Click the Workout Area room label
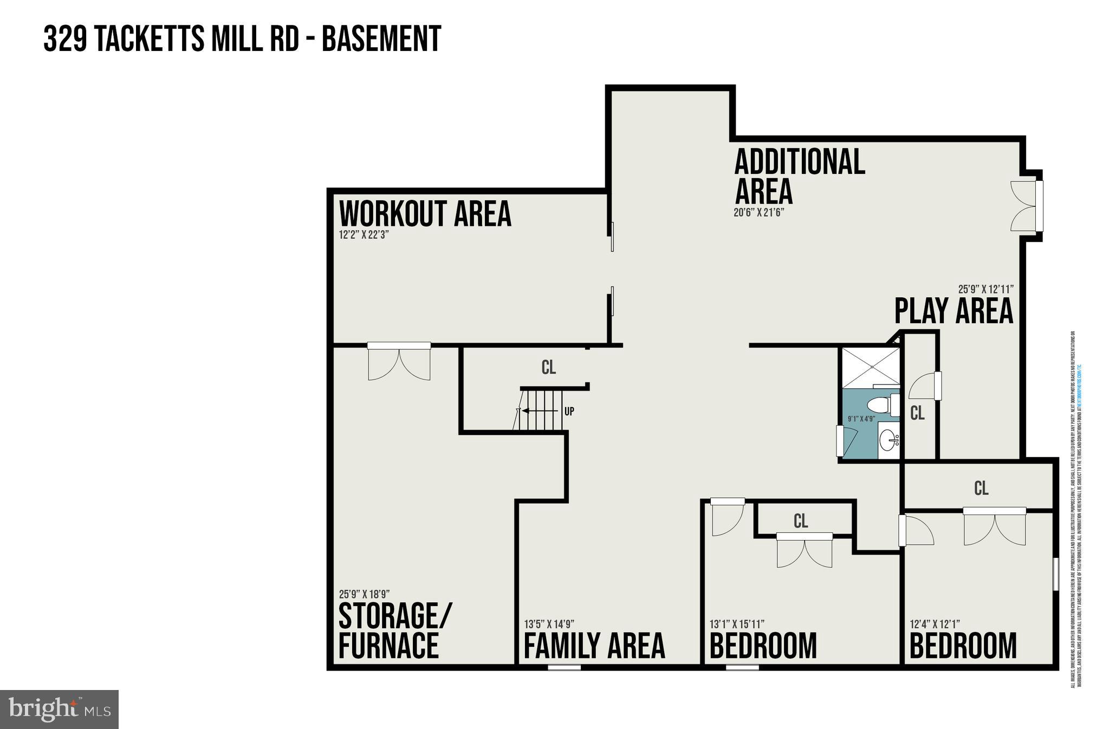tap(425, 214)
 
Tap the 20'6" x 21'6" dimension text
tap(758, 213)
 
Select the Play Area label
tap(953, 311)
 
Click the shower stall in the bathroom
tap(870, 368)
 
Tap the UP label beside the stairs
tap(569, 412)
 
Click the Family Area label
tap(594, 646)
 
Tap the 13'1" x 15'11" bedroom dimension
tap(737, 624)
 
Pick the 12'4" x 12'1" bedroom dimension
tap(935, 624)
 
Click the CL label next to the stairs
tap(548, 368)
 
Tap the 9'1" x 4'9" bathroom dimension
tap(861, 419)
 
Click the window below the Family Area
tap(564, 668)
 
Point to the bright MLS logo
tap(60, 709)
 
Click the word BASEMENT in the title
tap(381, 39)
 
